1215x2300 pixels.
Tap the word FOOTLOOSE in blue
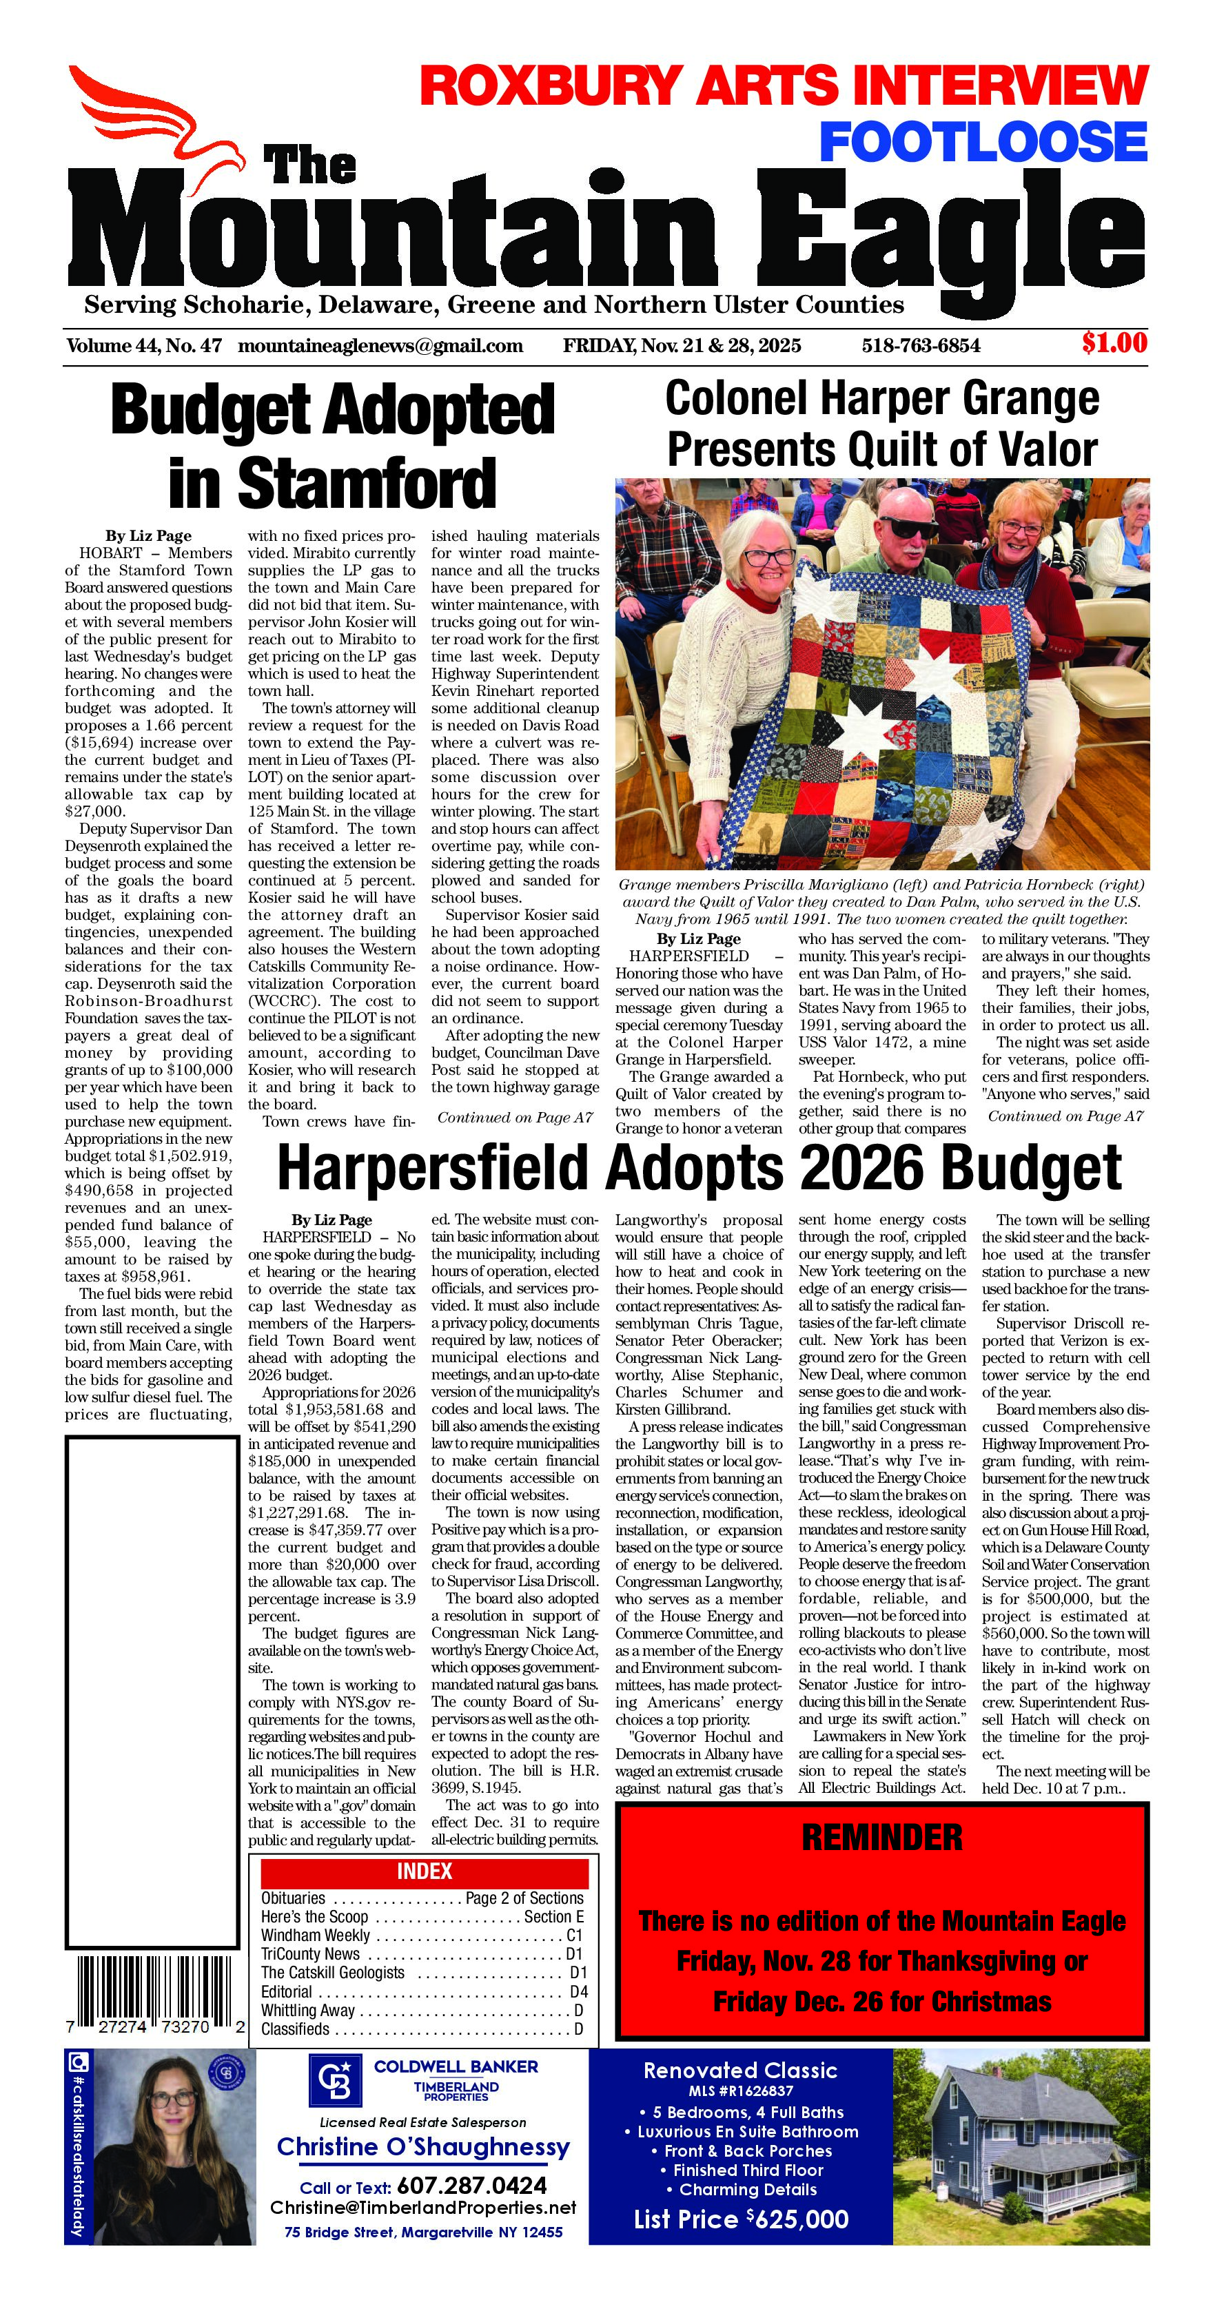[x=983, y=143]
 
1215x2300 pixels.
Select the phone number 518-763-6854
[x=921, y=345]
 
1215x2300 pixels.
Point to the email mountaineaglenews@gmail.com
[x=380, y=345]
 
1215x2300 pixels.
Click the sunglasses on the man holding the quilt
[x=910, y=528]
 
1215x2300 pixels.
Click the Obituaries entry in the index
[x=293, y=1899]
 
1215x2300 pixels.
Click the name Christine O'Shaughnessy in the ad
[x=423, y=2147]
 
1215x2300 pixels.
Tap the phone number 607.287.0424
[x=471, y=2186]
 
